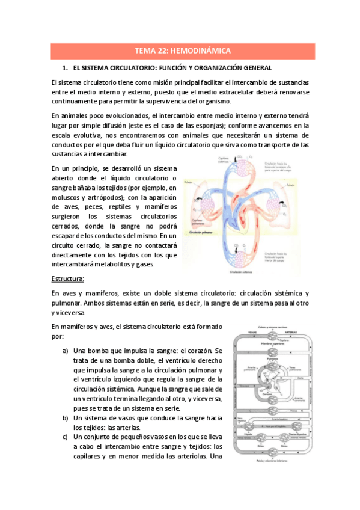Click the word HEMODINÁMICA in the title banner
click(203, 51)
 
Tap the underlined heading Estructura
click(68, 278)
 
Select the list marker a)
click(65, 351)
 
